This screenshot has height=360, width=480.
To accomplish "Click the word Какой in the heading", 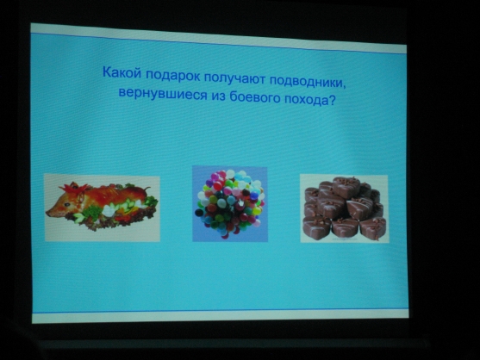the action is coord(122,72).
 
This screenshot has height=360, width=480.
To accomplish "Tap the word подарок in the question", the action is coord(172,75).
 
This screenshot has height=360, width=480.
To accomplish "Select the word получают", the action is coord(234,78).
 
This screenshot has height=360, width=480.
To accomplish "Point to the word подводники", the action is coord(306,81).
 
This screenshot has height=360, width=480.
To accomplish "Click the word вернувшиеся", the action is coord(163,92).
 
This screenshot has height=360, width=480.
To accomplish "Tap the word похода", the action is coord(306,99).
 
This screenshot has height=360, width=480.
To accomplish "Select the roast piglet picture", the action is coord(103,208).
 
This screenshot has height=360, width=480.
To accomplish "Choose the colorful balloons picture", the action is coord(230,204).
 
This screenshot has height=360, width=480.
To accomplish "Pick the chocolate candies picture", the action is coord(345,209).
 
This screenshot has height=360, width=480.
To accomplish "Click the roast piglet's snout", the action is coord(50,212).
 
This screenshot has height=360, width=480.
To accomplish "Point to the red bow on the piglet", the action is coord(77,189).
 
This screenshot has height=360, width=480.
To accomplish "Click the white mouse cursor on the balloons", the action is coord(241,202).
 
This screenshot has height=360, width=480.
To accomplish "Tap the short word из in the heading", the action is coord(218,96).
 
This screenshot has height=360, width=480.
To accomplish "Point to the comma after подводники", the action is coord(344,88).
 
